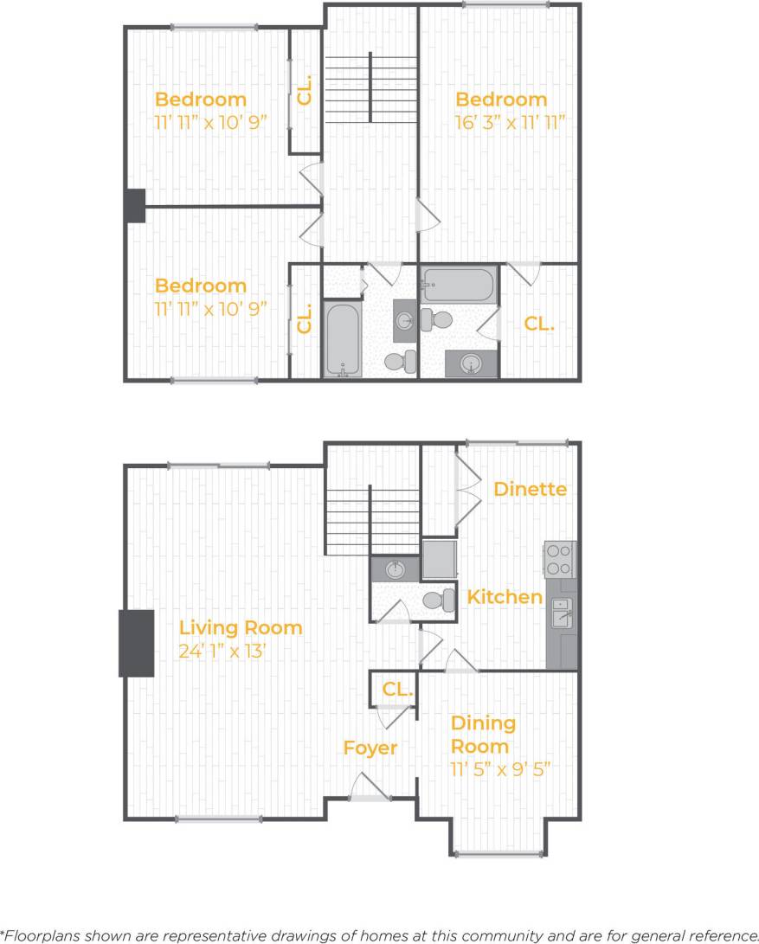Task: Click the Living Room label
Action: coord(241,627)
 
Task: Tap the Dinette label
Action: coord(530,489)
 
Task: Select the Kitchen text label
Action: coord(505,597)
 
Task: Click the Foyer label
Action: coord(370,748)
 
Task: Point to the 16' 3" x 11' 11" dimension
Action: coord(510,122)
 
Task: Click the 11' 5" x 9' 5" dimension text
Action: coord(500,767)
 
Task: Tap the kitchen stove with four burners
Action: coord(560,558)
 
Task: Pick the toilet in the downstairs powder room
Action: coord(439,599)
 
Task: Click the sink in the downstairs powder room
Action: coord(395,569)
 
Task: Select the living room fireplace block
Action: coord(136,643)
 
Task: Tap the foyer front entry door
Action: coord(369,789)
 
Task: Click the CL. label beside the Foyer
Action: coord(396,689)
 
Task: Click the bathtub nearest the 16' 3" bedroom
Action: coord(459,282)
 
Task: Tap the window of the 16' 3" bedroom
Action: coord(505,4)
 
